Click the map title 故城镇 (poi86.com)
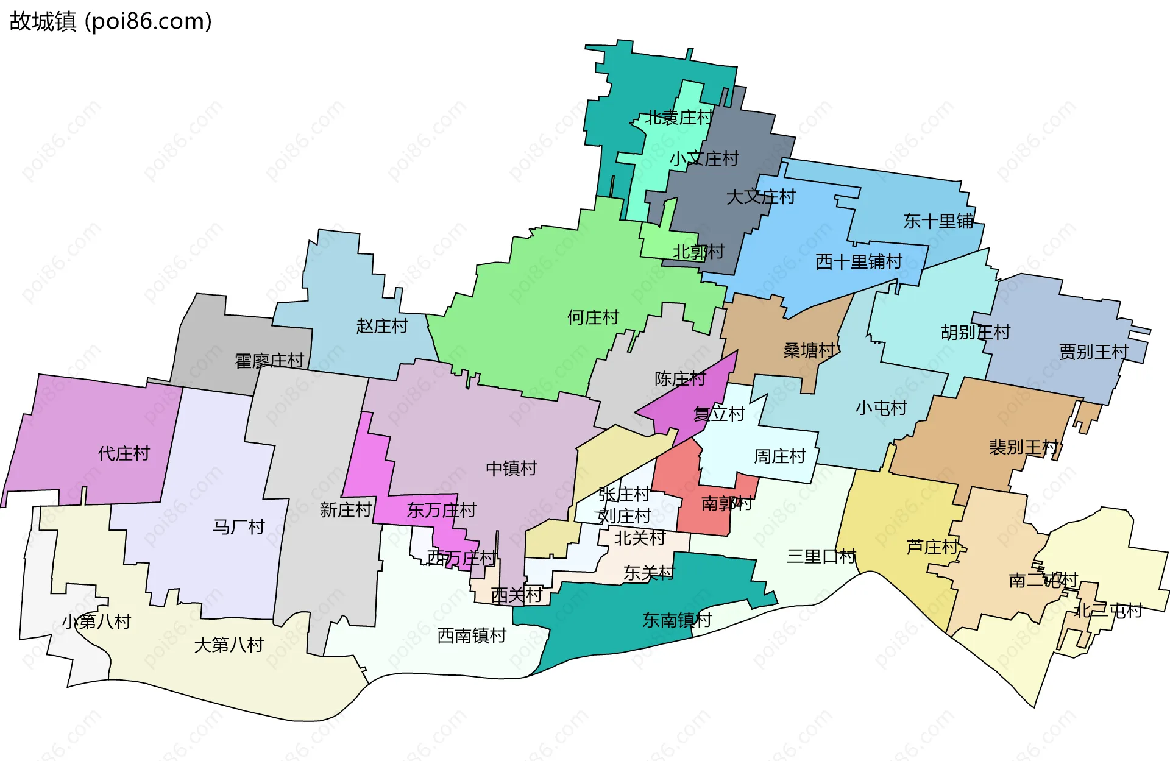pyautogui.click(x=110, y=21)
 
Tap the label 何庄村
pyautogui.click(x=592, y=317)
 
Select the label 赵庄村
pyautogui.click(x=381, y=326)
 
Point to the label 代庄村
pyautogui.click(x=124, y=453)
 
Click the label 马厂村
pyautogui.click(x=238, y=526)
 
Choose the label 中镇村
pyautogui.click(x=511, y=468)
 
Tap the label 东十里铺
pyautogui.click(x=938, y=221)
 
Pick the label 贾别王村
pyautogui.click(x=1093, y=352)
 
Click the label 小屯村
pyautogui.click(x=881, y=408)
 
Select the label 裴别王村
pyautogui.click(x=1023, y=447)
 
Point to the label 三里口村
pyautogui.click(x=821, y=556)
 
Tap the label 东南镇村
pyautogui.click(x=677, y=620)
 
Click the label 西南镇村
pyautogui.click(x=472, y=635)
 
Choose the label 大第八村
pyautogui.click(x=229, y=645)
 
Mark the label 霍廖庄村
pyautogui.click(x=269, y=361)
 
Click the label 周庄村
pyautogui.click(x=779, y=456)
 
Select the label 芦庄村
pyautogui.click(x=932, y=547)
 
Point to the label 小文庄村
pyautogui.click(x=704, y=158)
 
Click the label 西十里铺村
pyautogui.click(x=859, y=262)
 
